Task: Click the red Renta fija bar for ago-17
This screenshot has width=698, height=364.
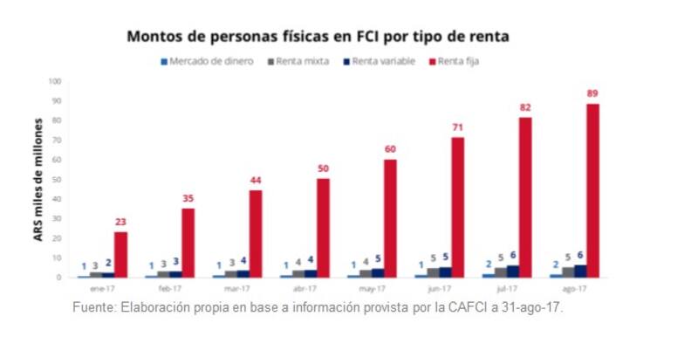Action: point(592,190)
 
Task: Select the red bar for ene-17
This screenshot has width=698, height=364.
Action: point(120,254)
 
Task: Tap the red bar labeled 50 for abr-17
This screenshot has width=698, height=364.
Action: point(323,228)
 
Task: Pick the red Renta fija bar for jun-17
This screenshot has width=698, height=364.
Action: point(458,207)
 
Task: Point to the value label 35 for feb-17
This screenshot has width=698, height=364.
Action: point(188,198)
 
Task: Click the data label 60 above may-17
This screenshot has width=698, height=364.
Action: point(390,149)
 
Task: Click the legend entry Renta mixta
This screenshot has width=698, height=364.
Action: point(302,61)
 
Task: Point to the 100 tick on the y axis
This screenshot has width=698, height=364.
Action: point(55,81)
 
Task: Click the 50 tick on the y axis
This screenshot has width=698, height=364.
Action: point(57,180)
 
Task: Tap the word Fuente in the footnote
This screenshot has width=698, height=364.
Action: point(93,308)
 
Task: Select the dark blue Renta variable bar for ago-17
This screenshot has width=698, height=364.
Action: point(580,271)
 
